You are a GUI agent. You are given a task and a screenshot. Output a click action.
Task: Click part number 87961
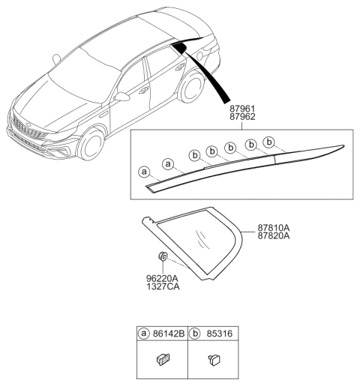tap(242, 109)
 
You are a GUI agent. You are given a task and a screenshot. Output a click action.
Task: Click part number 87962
tap(242, 117)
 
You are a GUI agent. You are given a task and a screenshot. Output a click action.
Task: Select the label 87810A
tap(274, 228)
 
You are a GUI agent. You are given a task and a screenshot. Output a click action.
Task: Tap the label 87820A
tap(274, 236)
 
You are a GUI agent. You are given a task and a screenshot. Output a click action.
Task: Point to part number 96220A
tap(162, 278)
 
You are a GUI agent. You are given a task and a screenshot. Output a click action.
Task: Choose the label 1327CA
tap(163, 286)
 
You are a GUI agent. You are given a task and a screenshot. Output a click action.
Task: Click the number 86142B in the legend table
tap(169, 334)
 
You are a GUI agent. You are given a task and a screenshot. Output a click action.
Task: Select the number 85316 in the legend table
tap(220, 334)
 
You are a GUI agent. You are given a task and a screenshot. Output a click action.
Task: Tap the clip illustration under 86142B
tap(163, 360)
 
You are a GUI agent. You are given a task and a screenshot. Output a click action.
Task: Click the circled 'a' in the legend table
tap(144, 334)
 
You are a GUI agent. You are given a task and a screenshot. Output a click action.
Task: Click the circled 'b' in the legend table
tap(195, 334)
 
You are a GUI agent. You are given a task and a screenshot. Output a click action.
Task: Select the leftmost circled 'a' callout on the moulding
tap(144, 172)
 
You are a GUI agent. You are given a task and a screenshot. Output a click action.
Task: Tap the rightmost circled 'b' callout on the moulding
tap(269, 142)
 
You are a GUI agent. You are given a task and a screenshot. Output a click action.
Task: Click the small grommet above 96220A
tap(163, 256)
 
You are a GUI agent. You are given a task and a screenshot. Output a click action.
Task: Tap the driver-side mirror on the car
tap(122, 97)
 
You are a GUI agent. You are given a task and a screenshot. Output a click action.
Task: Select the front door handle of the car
tap(144, 90)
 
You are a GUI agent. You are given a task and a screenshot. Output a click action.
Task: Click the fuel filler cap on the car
tap(199, 56)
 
